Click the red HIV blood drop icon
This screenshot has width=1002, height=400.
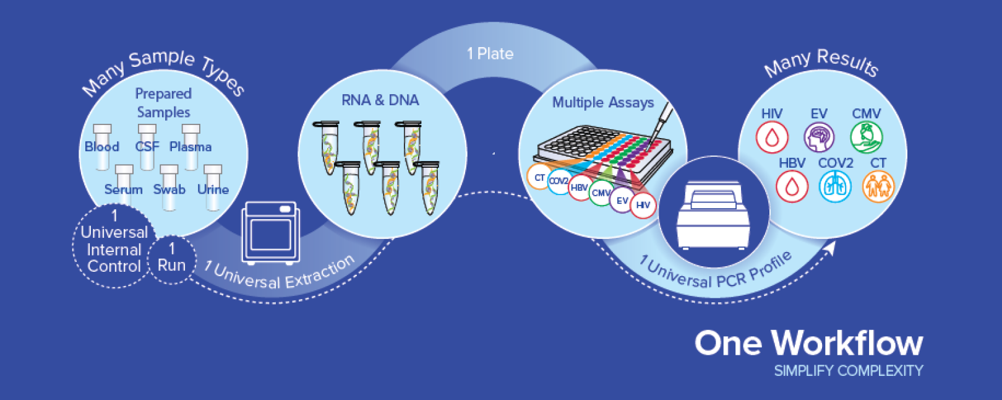pos(771,137)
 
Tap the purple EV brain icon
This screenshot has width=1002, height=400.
pos(819,137)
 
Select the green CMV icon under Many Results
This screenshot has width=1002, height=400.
pos(866,137)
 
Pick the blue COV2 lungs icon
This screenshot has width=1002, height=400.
pos(835,186)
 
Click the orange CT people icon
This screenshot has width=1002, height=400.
pos(878,186)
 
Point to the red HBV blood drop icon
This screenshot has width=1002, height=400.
pos(792,186)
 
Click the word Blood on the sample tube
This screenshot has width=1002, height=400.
pos(102,147)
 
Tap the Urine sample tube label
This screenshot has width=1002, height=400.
pos(213,189)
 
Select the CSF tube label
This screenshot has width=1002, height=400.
pos(147,147)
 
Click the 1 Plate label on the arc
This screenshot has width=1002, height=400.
pos(490,54)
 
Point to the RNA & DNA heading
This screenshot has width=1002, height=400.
pos(380,100)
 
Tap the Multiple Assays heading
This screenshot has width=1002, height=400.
pos(603,102)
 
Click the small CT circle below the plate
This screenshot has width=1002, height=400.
pos(539,178)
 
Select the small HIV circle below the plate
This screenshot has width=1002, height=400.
pos(643,205)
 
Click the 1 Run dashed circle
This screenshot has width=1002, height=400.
pos(171,258)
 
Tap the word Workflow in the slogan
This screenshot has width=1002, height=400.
pos(847,343)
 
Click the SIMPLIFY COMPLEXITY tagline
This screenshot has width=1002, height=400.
pos(848,371)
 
